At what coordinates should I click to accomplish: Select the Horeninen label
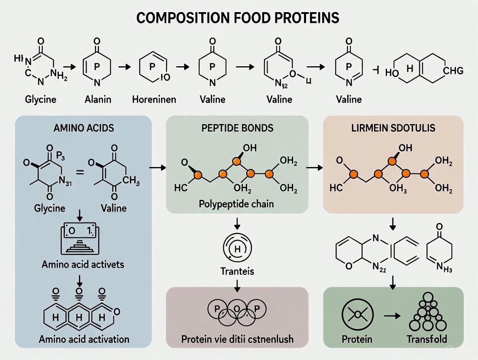pyautogui.click(x=154, y=100)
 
